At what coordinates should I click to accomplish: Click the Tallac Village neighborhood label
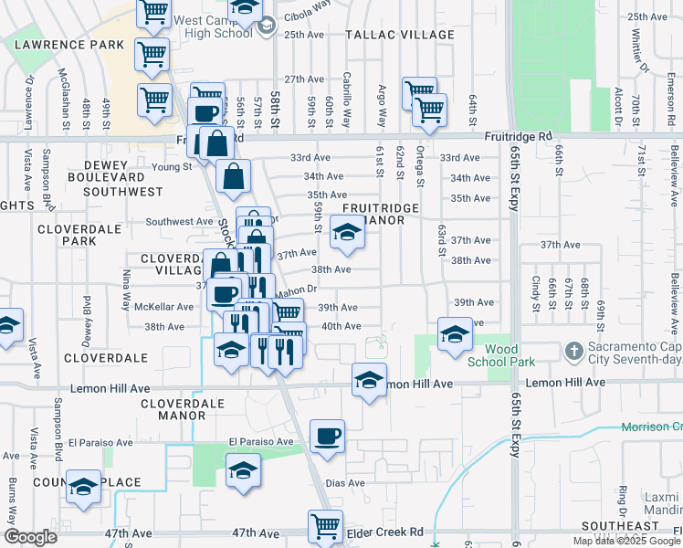[400, 35]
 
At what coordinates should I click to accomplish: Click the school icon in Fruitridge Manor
[347, 236]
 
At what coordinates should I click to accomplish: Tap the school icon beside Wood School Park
[454, 334]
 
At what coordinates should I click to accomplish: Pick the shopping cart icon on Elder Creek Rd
[325, 526]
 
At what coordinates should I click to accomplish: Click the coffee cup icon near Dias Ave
[327, 437]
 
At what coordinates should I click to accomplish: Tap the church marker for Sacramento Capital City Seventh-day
[573, 349]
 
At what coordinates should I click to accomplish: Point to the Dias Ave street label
[345, 483]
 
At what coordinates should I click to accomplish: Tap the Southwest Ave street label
[179, 221]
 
